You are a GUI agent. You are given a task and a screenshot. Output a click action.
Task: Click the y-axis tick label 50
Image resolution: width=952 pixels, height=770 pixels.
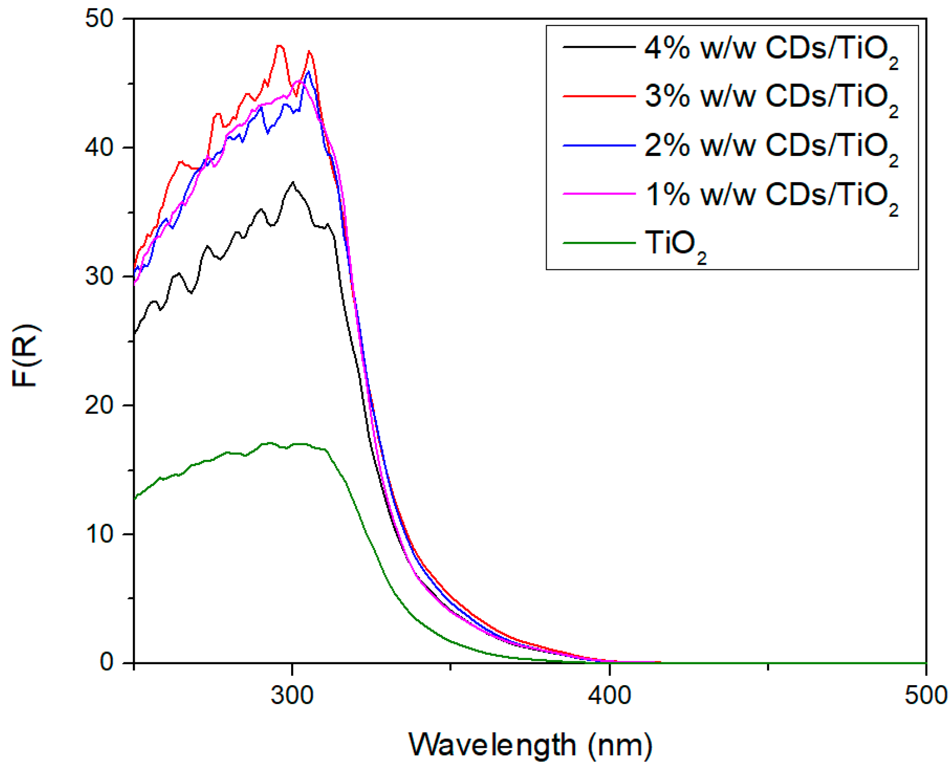100,19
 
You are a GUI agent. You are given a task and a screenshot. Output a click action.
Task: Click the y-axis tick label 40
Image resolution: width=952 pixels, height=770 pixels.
100,148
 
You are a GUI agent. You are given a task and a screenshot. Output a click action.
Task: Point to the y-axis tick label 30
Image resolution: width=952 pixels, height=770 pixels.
100,276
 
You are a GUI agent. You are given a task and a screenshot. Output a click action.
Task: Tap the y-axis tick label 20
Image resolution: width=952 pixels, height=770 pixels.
100,405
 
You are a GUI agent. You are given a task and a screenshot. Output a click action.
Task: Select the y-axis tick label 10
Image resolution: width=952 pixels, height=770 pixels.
100,534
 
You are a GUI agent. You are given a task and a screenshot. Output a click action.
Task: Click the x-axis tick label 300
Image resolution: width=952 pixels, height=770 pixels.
292,696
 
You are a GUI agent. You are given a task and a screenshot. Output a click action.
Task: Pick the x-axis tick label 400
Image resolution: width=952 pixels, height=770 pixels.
609,696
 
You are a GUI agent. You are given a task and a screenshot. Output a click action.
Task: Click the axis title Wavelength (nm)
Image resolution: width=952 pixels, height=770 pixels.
531,745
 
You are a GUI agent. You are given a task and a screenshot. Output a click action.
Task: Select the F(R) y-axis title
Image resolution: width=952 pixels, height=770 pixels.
26,356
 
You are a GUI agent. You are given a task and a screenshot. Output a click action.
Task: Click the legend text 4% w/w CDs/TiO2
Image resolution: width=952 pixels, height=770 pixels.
770,49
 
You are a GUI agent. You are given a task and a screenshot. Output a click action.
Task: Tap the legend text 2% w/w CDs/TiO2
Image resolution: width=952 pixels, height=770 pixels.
770,147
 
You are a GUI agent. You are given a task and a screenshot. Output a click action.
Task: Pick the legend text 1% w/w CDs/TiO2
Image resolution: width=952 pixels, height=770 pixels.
770,196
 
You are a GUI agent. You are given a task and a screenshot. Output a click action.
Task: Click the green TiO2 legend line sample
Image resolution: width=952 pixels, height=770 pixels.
599,243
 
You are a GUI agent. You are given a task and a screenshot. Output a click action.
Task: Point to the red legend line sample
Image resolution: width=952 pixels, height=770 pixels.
599,96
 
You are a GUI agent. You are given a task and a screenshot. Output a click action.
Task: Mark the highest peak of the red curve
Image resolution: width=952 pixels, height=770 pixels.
279,46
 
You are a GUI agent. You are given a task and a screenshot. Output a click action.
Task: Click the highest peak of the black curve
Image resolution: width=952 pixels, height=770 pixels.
293,182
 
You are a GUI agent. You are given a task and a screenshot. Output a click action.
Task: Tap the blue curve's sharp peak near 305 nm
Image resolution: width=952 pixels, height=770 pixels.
309,72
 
